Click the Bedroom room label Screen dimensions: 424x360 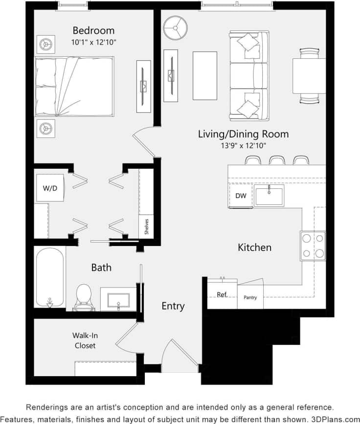93,30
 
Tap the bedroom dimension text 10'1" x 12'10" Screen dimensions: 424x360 93,42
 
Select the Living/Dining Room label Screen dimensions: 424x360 243,134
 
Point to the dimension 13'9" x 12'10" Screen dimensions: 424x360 243,145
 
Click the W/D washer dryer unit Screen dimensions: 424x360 49,187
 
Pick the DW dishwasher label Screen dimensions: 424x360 241,196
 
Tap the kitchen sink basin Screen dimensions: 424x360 269,196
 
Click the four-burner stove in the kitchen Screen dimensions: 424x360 313,245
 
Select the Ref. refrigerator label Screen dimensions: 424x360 222,294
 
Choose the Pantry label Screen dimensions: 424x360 250,297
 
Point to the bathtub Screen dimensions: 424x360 50,276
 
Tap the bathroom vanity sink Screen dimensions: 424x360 118,299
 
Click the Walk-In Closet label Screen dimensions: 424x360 85,340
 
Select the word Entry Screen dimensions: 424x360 173,306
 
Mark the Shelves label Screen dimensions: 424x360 146,227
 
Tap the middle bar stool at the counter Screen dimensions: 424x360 277,160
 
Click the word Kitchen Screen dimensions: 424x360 254,247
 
